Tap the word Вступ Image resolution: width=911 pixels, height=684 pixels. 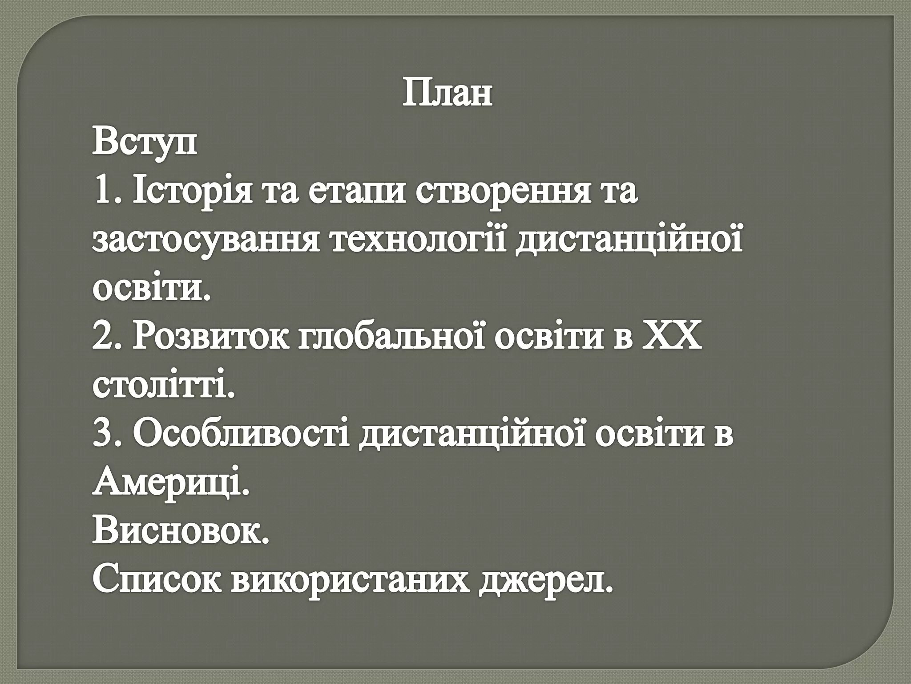click(x=145, y=142)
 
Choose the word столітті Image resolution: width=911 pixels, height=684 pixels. click(x=163, y=385)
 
